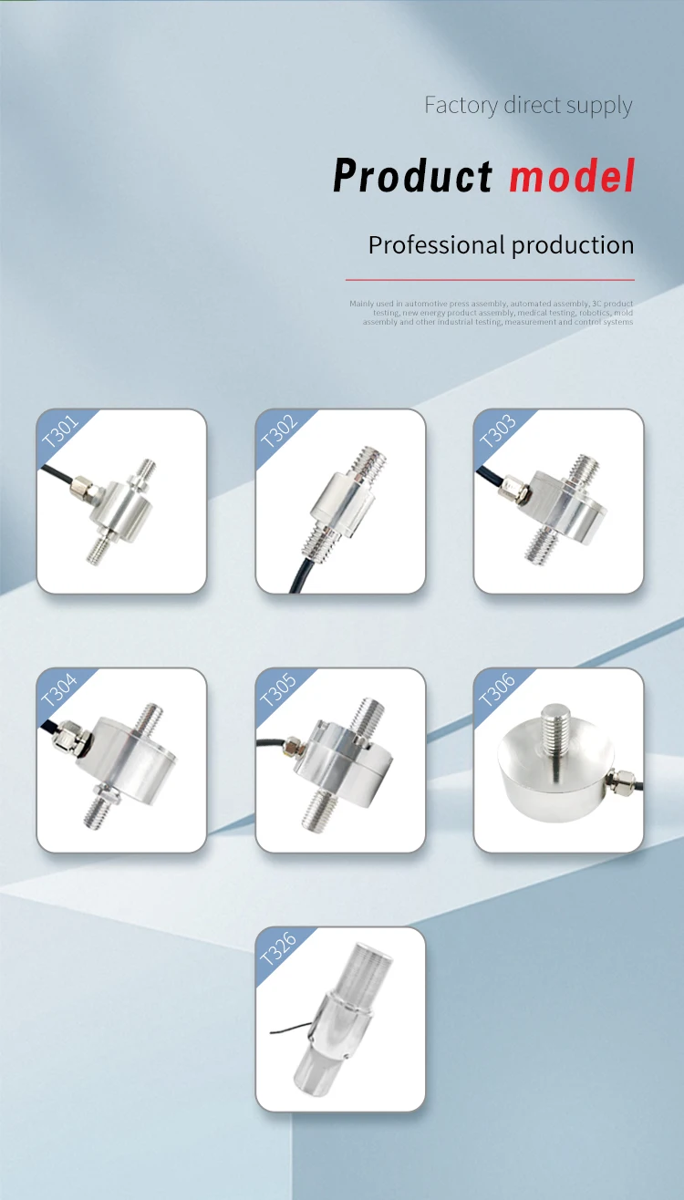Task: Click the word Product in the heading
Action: click(x=412, y=175)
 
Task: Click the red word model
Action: click(x=572, y=175)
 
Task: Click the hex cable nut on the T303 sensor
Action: click(x=514, y=493)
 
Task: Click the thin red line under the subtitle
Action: click(x=490, y=279)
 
